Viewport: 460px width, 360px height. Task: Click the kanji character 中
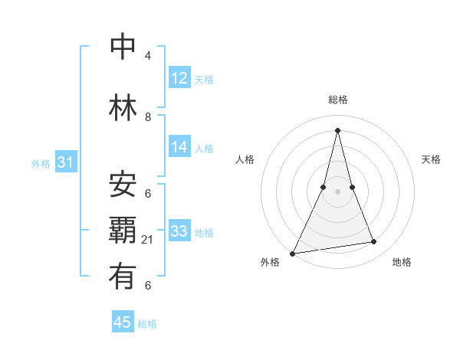tap(123, 47)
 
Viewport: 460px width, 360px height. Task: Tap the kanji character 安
tap(123, 185)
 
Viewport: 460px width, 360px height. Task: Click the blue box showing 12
tap(179, 78)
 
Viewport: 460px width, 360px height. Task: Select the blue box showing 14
tap(179, 147)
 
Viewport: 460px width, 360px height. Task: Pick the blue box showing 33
tap(179, 231)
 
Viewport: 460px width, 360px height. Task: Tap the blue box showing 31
tap(65, 162)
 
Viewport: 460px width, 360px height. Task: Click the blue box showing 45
tap(123, 322)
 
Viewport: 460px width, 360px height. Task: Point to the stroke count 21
tap(148, 240)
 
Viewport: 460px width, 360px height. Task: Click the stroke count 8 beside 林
tap(148, 117)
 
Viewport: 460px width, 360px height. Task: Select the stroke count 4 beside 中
tap(148, 56)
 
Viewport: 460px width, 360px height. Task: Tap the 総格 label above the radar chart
tap(338, 100)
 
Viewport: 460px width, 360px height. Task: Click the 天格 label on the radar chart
tap(431, 159)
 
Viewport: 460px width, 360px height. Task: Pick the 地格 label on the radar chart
tap(402, 262)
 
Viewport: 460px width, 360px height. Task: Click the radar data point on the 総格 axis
tap(337, 130)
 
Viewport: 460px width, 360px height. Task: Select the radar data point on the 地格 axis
tap(374, 242)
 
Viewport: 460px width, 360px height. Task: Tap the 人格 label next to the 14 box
tap(204, 148)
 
